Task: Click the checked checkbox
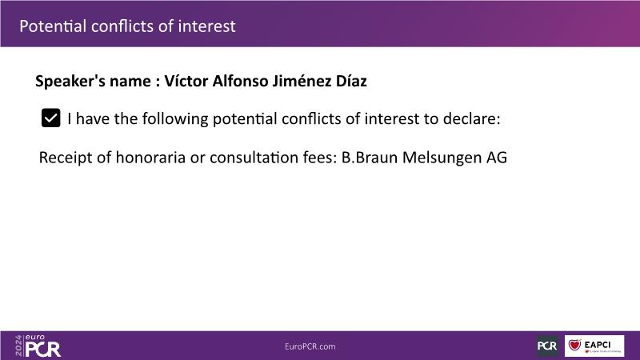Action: click(x=51, y=118)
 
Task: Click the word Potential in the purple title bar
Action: click(x=53, y=26)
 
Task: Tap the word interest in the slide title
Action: click(x=206, y=26)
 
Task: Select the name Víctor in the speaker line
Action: click(x=186, y=81)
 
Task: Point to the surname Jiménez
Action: click(x=302, y=81)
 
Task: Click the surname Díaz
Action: click(x=351, y=81)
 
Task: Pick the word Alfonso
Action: click(x=241, y=81)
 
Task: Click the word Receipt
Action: click(x=66, y=157)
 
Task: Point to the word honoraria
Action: click(x=150, y=157)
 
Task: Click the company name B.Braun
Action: click(x=370, y=157)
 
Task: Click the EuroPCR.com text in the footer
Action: click(x=310, y=346)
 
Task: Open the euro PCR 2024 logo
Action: click(x=38, y=346)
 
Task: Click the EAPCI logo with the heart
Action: click(x=594, y=346)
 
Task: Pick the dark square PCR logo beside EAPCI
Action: click(x=547, y=346)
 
